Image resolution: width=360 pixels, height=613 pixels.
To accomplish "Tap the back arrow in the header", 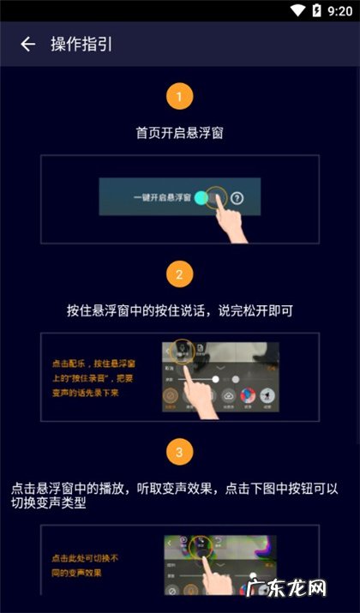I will tap(28, 45).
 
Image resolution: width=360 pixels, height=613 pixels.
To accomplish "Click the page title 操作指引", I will tap(81, 45).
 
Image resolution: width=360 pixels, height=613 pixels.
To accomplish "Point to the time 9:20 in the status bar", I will tap(339, 10).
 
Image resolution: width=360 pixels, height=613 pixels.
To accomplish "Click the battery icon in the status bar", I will tap(315, 10).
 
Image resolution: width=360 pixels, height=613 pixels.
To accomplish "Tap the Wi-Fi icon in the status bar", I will tap(297, 10).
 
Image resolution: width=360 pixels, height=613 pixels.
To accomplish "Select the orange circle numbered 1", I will tap(179, 96).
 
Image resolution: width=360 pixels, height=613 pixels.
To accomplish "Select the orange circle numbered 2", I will tap(179, 274).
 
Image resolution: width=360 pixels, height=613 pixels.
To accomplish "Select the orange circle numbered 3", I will tap(179, 451).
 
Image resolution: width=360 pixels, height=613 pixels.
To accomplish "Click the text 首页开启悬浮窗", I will tap(179, 134).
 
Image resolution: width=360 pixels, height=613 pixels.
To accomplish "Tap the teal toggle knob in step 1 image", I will tap(201, 198).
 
